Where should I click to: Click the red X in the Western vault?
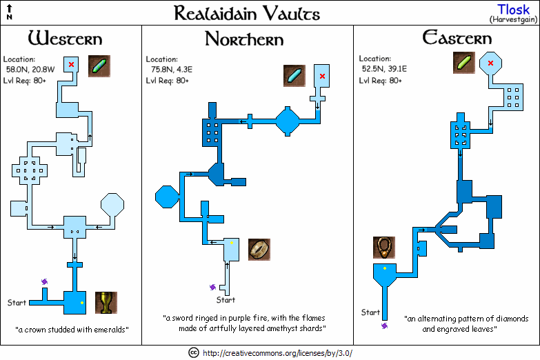pos(71,64)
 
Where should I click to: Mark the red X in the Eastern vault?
pos(490,63)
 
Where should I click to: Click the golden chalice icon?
pos(106,303)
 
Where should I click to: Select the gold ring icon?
pos(259,249)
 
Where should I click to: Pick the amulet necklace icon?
pos(383,247)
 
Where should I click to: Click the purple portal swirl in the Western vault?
pos(46,281)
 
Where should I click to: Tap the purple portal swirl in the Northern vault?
pos(213,286)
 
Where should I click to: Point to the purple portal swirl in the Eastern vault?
pos(384,326)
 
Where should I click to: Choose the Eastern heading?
pos(457,38)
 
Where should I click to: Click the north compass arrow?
pos(9,10)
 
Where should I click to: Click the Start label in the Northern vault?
pos(226,300)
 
